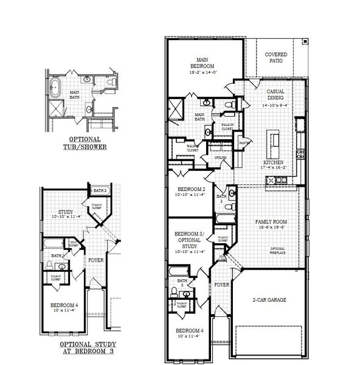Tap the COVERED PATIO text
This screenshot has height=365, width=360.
tap(277, 58)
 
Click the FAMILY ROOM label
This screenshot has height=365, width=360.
tap(271, 222)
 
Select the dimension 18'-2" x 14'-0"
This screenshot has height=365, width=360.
tap(204, 72)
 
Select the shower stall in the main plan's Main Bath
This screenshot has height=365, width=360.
tap(176, 109)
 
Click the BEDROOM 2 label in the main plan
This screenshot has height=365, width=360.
tap(190, 190)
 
